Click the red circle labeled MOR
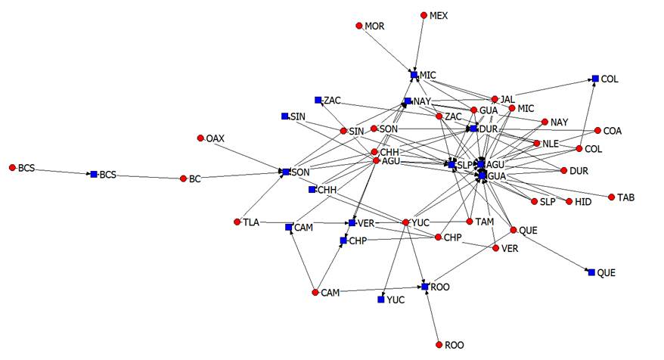(x=359, y=26)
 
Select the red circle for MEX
(x=424, y=14)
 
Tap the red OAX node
(x=200, y=138)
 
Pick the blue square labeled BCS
(x=94, y=175)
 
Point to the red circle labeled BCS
(x=12, y=167)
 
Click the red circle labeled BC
(x=183, y=179)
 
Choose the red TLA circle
(x=237, y=222)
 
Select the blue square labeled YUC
(x=380, y=300)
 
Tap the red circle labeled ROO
(x=439, y=345)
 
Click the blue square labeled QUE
(x=591, y=272)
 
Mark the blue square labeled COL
(x=595, y=79)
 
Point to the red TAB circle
(x=611, y=197)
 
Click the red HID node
(x=569, y=202)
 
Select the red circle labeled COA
(x=597, y=131)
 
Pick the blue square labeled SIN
(x=284, y=116)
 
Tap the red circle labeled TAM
(x=470, y=222)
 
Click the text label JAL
(x=508, y=98)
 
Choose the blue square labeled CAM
(x=289, y=227)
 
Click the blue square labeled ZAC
(x=318, y=100)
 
